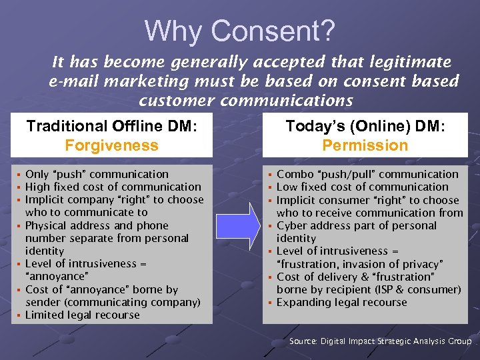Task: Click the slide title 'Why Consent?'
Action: tap(239, 31)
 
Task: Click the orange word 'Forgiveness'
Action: tap(111, 145)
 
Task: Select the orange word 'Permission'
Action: tap(365, 145)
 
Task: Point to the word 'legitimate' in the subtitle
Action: tap(409, 62)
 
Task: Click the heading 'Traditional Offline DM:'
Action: tap(111, 126)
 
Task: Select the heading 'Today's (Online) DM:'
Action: tap(365, 126)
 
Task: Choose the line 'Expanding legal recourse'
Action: tap(341, 303)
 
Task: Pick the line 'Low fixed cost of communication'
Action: tap(362, 187)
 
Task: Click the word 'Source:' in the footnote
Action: tap(303, 341)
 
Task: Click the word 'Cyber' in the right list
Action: tap(291, 226)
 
